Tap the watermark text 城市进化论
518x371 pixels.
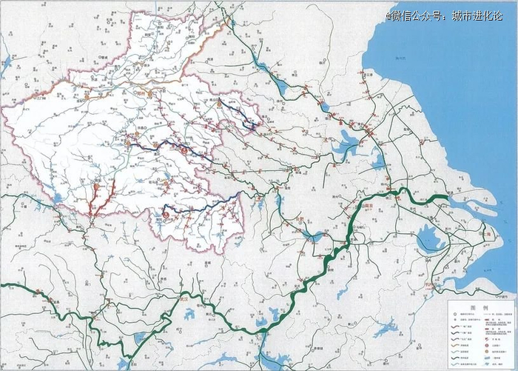(x=477, y=15)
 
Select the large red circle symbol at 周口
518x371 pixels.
(x=184, y=150)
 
